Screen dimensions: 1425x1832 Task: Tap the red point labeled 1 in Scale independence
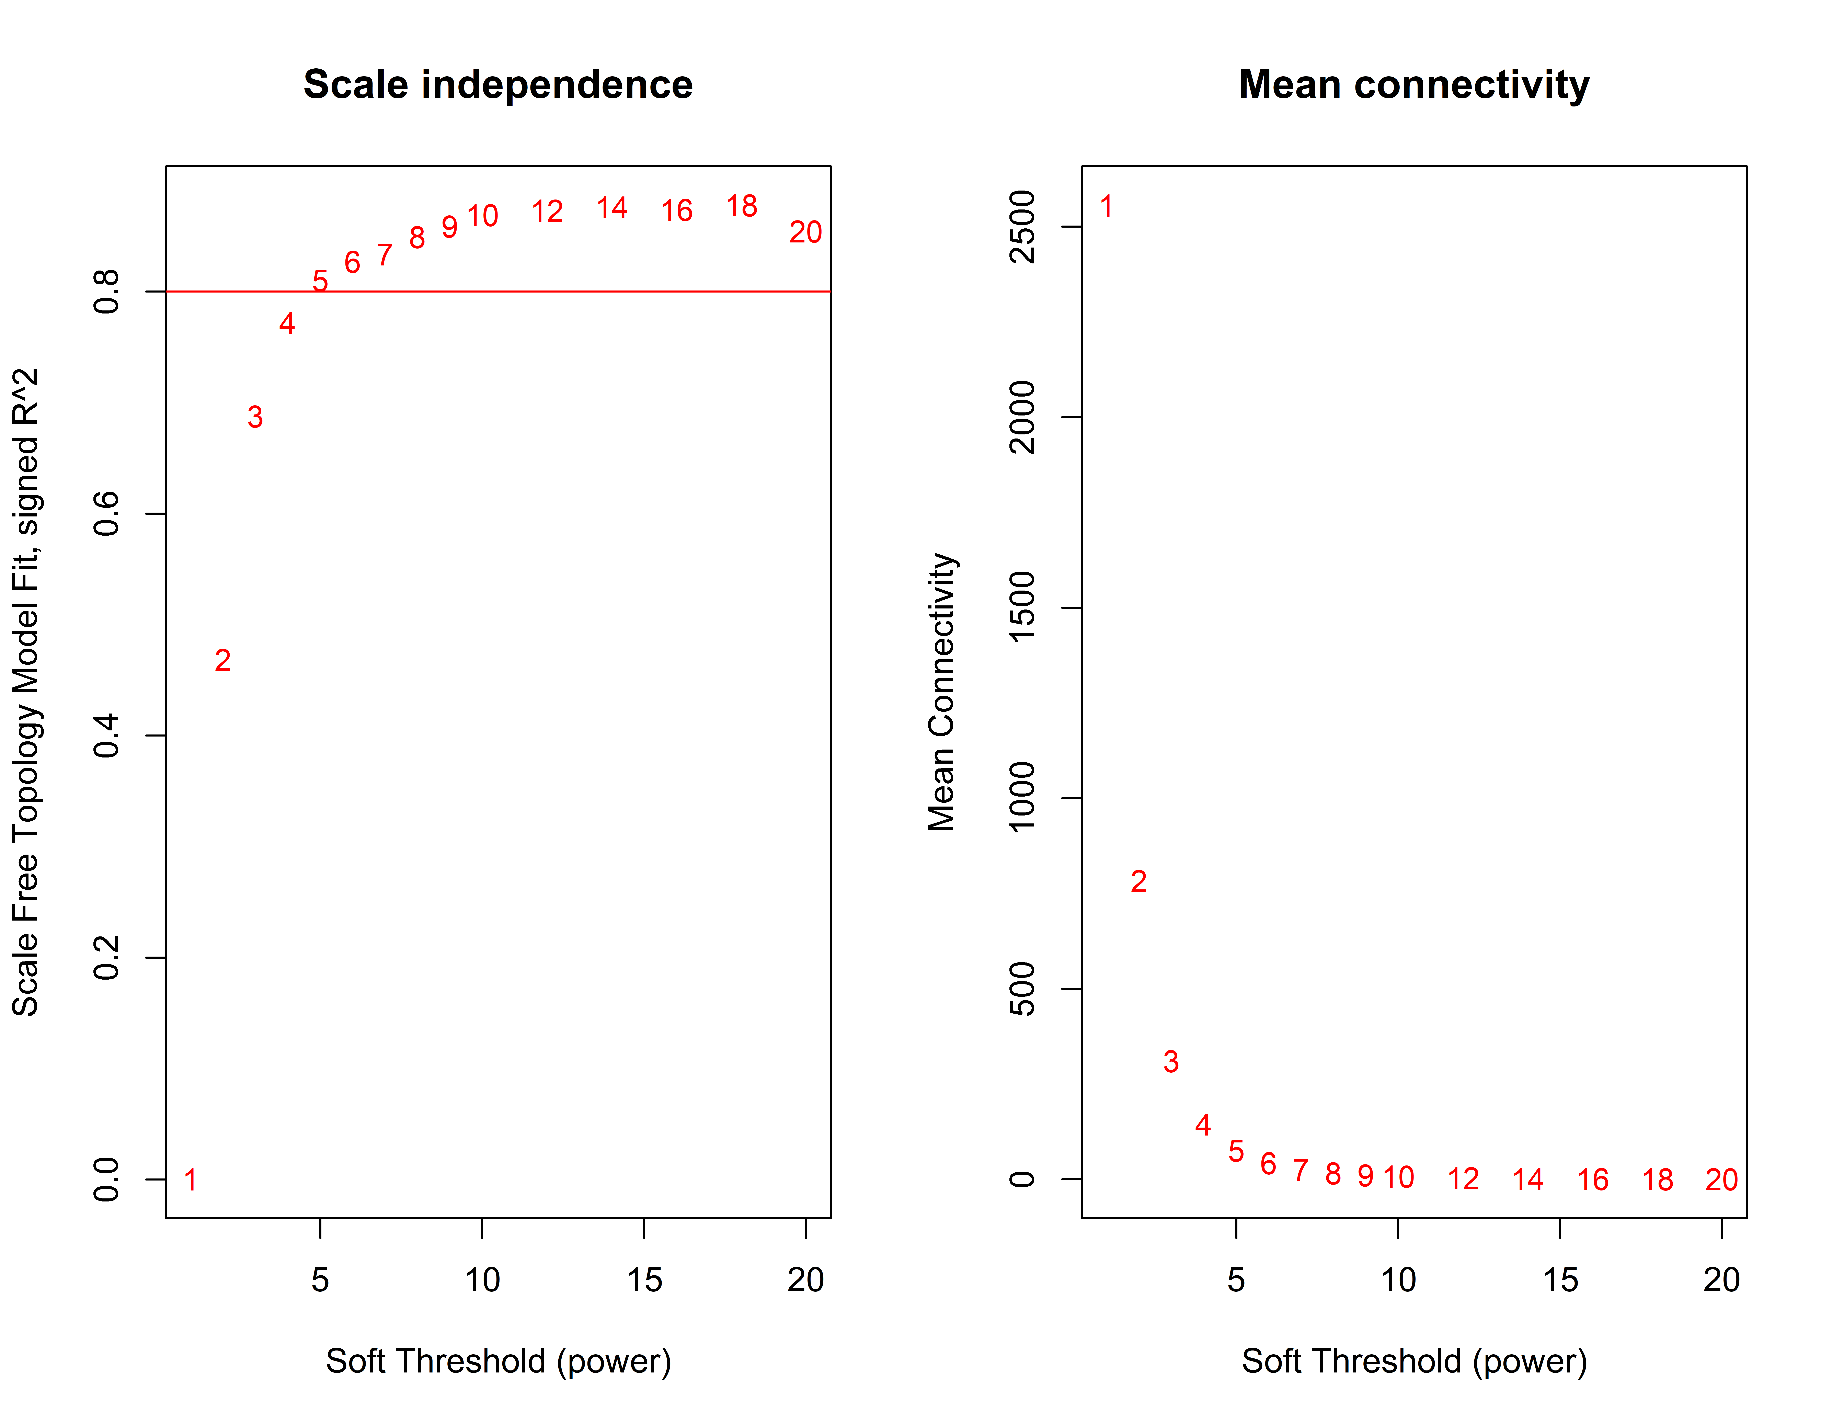tap(190, 1180)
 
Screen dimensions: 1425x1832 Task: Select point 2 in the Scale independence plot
tap(222, 661)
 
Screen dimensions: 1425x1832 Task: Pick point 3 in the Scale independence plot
tap(255, 417)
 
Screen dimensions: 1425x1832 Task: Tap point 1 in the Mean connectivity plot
tap(1106, 206)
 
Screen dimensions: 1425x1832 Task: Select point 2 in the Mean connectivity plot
tap(1138, 881)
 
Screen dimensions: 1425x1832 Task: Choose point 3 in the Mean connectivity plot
tap(1171, 1062)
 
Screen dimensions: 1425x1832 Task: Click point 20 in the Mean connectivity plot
tap(1721, 1180)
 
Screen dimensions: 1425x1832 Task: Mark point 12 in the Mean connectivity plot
tap(1463, 1179)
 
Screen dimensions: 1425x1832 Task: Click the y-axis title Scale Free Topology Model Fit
tap(25, 692)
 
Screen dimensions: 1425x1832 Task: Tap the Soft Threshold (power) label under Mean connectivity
tap(1414, 1360)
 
